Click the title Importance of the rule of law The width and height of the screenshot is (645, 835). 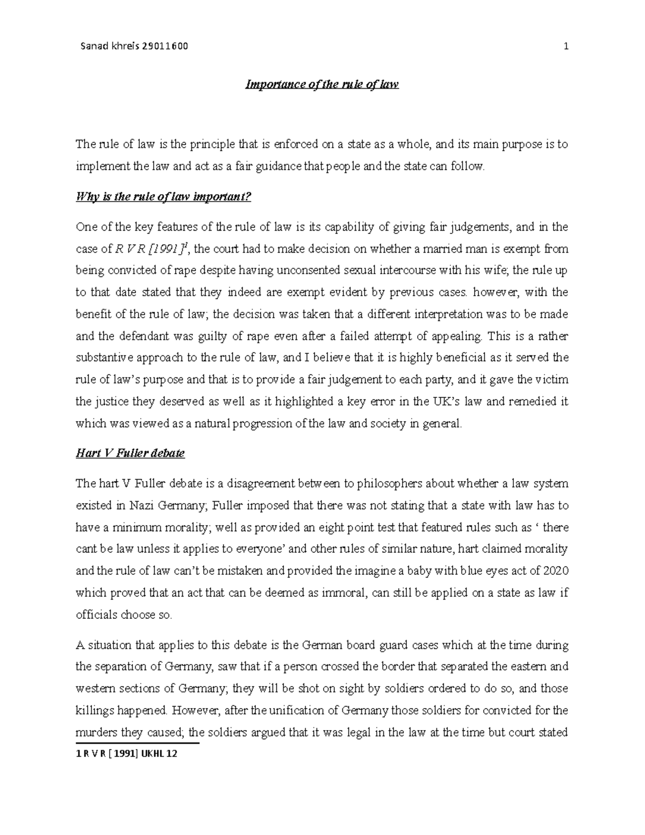pos(322,84)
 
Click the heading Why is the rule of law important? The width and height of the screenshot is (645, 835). pos(163,197)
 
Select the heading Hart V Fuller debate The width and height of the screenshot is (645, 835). pos(130,453)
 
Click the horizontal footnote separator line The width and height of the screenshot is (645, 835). pos(138,744)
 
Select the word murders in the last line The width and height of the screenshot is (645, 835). pos(94,732)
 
